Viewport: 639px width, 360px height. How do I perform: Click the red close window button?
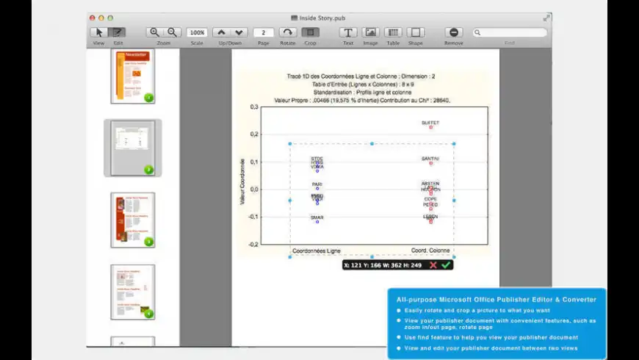point(92,18)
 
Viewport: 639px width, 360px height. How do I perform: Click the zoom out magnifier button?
point(173,32)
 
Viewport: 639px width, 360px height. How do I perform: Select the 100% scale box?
point(196,32)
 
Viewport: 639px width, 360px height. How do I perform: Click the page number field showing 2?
point(263,32)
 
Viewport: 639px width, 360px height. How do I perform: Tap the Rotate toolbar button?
point(288,32)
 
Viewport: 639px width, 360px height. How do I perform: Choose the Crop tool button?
point(310,32)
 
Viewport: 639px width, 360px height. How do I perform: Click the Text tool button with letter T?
point(348,32)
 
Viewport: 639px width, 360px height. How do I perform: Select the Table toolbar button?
point(393,32)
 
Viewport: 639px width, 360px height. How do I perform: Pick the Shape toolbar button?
point(416,32)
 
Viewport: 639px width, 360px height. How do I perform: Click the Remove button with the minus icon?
point(453,32)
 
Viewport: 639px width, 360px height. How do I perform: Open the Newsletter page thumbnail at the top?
point(133,76)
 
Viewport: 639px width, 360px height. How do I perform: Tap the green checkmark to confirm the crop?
point(445,264)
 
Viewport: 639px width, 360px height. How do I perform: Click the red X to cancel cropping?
point(433,264)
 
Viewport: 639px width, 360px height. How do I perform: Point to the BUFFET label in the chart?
point(430,123)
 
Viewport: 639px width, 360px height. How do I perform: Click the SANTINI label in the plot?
point(430,159)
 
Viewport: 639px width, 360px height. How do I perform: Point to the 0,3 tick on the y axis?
point(253,107)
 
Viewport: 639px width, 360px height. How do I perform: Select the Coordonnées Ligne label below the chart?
point(316,251)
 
